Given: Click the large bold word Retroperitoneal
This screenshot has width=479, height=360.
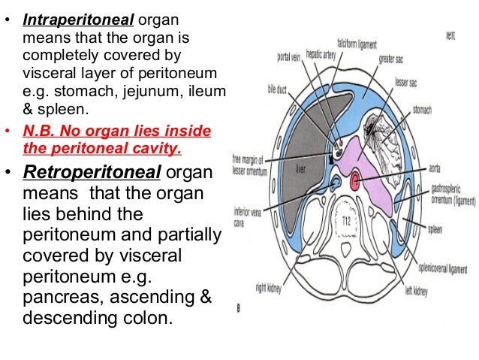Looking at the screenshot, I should coord(91,171).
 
